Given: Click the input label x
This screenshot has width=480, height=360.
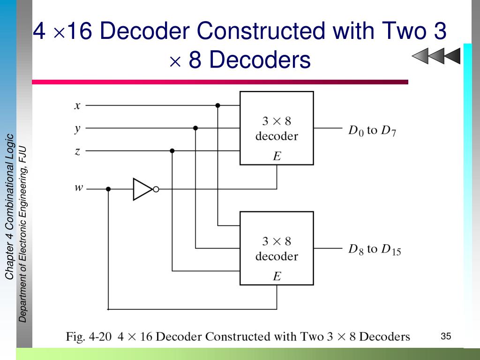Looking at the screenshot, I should click(77, 105).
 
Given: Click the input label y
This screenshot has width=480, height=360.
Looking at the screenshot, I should click(77, 128).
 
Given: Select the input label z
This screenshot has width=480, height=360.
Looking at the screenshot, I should click(77, 151).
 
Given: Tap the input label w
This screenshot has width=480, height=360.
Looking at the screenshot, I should click(78, 188).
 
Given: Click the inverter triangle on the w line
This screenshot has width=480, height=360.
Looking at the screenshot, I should click(142, 189).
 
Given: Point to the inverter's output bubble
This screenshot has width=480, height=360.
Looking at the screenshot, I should click(156, 189).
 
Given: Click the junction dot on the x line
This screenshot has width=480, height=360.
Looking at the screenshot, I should click(217, 105).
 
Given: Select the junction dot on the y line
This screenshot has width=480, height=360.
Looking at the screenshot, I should click(195, 128).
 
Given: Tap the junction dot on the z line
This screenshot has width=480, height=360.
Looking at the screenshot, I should click(172, 151).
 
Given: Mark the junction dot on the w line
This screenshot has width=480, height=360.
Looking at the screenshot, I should click(108, 189).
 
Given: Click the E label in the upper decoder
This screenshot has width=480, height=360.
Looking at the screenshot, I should click(277, 157).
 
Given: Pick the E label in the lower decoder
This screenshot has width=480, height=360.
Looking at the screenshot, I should click(277, 277).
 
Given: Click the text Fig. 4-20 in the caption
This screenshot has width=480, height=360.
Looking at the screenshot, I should click(88, 337).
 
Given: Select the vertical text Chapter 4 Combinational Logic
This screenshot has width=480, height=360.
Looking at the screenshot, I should click(9, 206).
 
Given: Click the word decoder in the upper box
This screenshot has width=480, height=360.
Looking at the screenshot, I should click(277, 136).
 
